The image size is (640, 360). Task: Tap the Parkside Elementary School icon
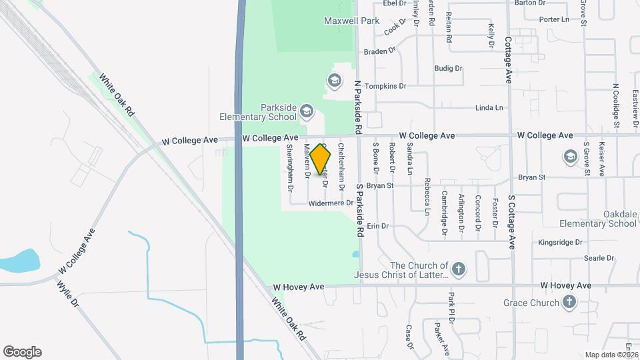[x=307, y=110]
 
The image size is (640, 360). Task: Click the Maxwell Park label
[x=351, y=21]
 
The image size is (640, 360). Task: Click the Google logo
[x=22, y=352]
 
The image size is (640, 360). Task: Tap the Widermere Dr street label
[x=330, y=203]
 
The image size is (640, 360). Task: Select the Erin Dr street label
[x=377, y=227]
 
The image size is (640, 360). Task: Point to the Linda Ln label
[x=489, y=108]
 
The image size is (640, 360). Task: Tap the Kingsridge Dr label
[x=560, y=243]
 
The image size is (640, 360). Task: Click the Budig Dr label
[x=448, y=68]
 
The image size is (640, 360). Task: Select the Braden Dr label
[x=379, y=50]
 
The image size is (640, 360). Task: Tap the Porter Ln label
[x=555, y=19]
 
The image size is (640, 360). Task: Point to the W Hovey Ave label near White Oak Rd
[x=299, y=287]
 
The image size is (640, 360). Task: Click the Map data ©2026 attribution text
[x=612, y=355]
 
